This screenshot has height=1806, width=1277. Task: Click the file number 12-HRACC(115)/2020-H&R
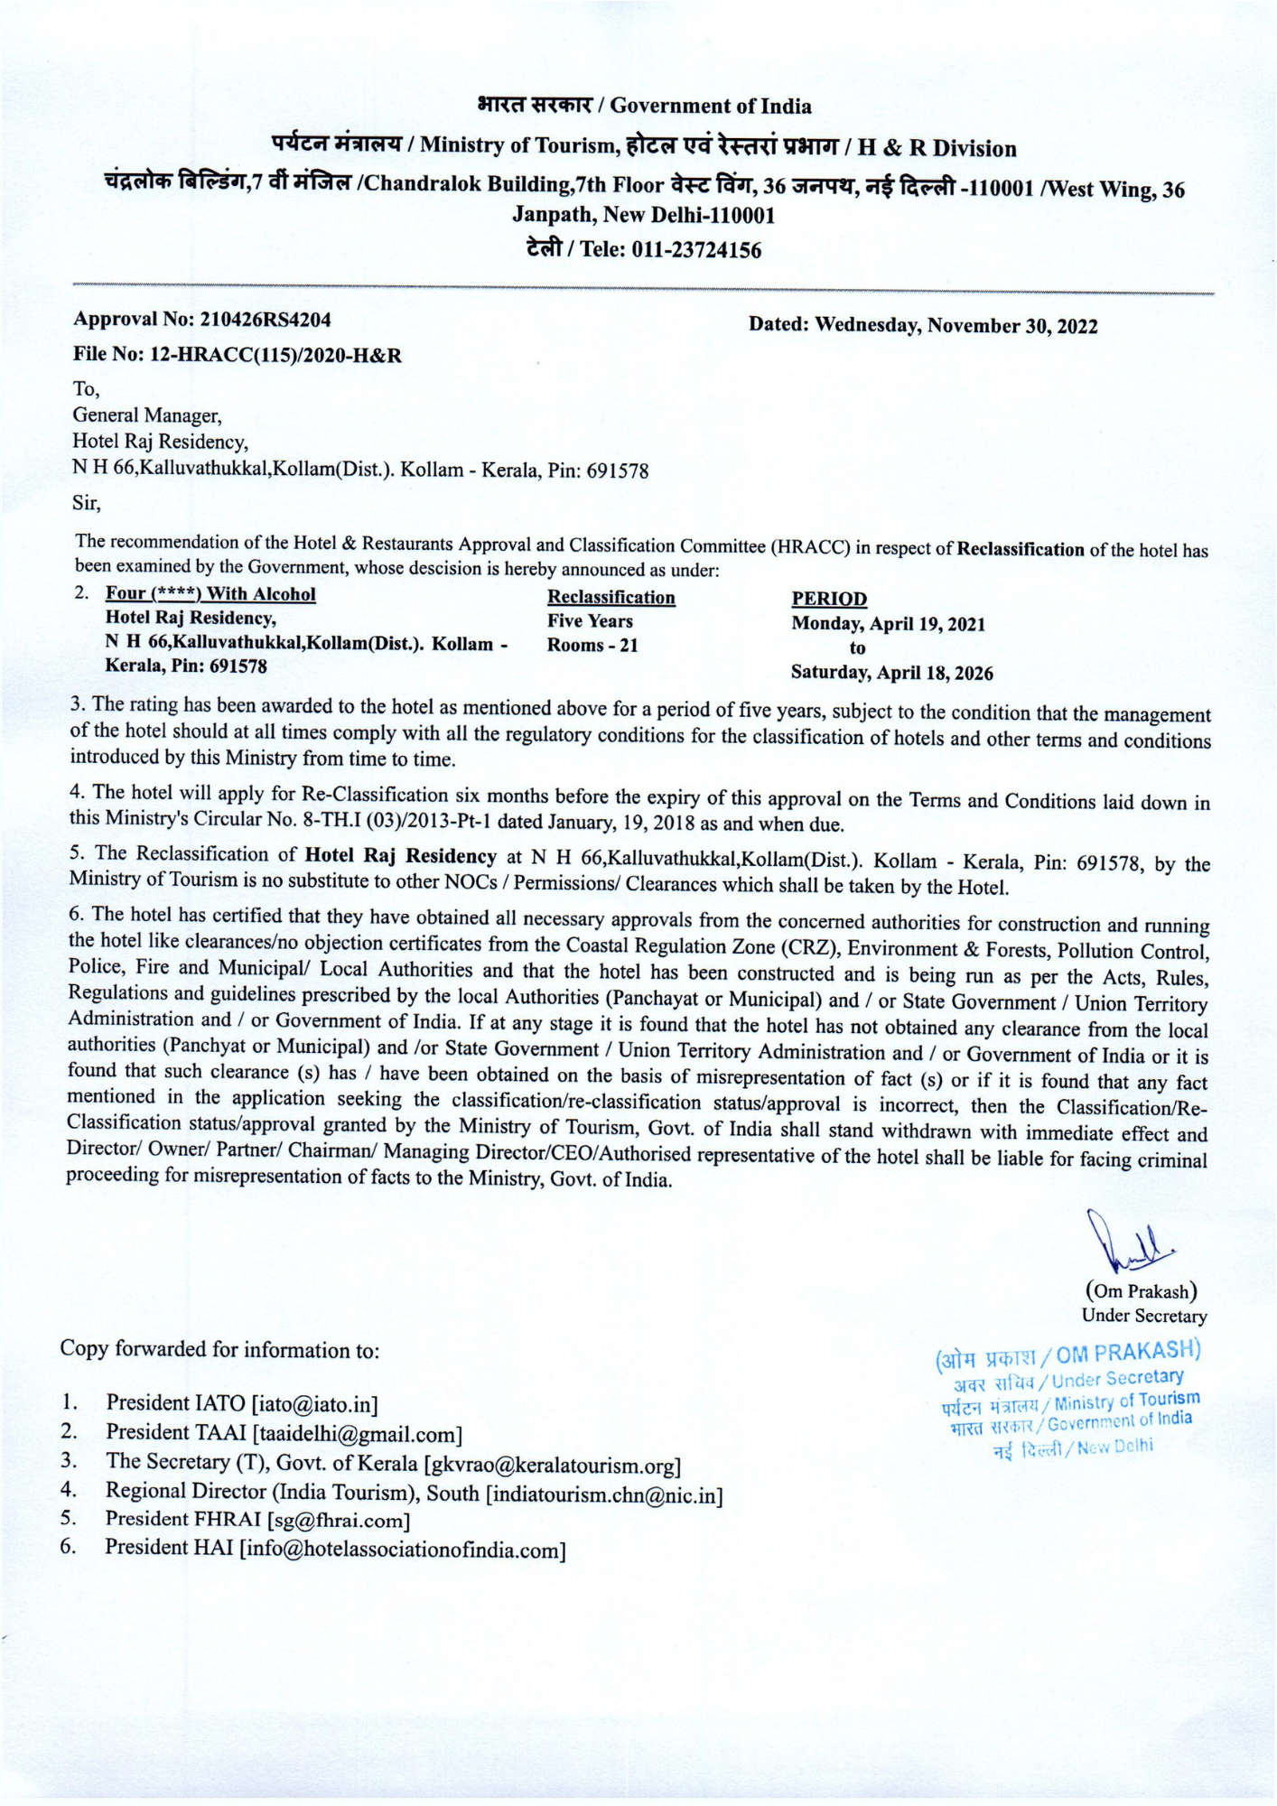point(275,356)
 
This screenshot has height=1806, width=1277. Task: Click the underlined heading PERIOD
point(828,599)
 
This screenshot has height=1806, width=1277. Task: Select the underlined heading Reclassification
point(611,598)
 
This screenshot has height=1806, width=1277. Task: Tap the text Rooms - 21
point(592,646)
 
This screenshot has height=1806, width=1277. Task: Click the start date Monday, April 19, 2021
point(888,624)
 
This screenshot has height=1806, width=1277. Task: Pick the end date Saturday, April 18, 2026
point(891,673)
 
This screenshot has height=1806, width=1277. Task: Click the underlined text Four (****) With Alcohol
point(210,594)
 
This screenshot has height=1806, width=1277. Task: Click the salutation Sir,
point(87,504)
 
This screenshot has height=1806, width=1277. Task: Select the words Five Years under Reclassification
point(590,621)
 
